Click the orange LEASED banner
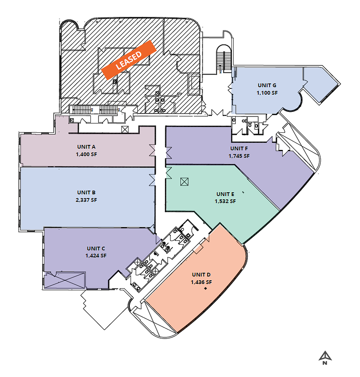click(129, 60)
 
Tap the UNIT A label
click(86, 147)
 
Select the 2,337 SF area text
click(86, 200)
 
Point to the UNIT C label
click(96, 248)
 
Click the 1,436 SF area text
click(201, 282)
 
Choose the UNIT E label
click(225, 194)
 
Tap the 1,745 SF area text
click(239, 156)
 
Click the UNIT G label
click(267, 85)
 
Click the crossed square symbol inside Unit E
click(184, 181)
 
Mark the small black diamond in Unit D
click(206, 288)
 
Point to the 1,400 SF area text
click(86, 154)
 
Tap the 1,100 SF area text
click(267, 93)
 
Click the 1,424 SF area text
click(96, 256)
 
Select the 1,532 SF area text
click(225, 201)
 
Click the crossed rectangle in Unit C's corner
click(65, 280)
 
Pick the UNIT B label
click(86, 193)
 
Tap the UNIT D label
click(201, 274)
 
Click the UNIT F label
click(239, 149)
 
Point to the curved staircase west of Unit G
click(224, 59)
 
